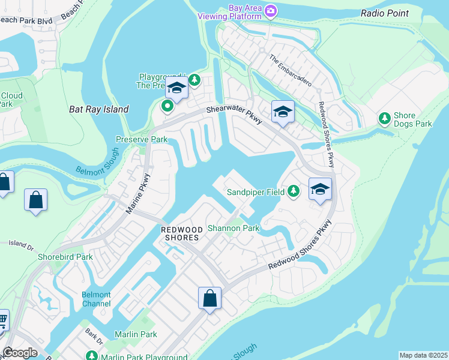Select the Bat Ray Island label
[99, 109]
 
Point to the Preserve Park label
[142, 139]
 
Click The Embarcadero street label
[290, 71]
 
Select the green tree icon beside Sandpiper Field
[293, 191]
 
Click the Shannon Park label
[234, 228]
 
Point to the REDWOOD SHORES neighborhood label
[179, 233]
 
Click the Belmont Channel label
[96, 299]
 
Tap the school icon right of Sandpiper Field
[321, 188]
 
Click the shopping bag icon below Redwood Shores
[209, 298]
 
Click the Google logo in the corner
[20, 353]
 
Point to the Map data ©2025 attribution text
[423, 355]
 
